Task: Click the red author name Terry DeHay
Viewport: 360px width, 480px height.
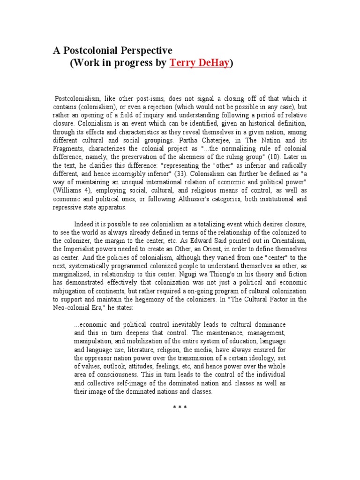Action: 199,64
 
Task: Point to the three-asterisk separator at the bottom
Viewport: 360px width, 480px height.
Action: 180,407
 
